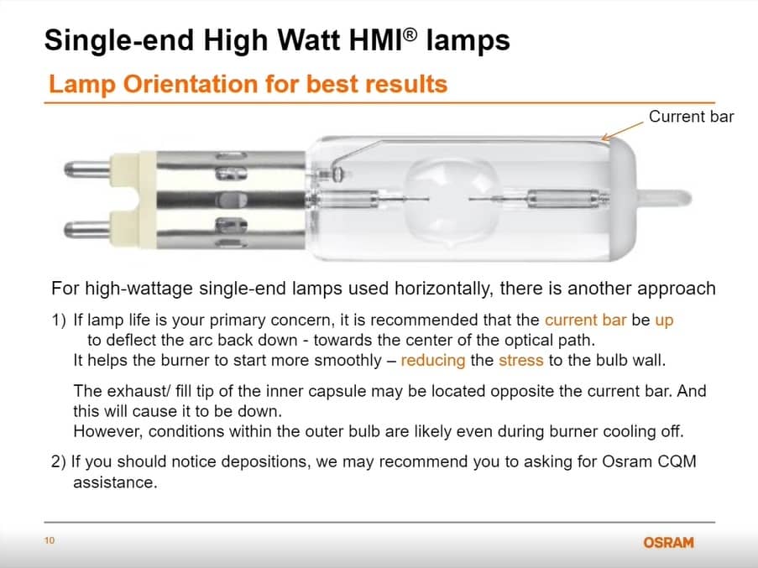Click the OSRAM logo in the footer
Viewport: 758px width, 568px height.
[x=668, y=542]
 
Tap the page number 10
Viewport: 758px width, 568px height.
[x=50, y=540]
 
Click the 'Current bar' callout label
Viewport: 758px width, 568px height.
[x=691, y=117]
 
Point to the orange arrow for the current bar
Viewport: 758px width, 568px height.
[x=622, y=131]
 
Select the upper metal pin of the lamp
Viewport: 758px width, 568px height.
[x=87, y=169]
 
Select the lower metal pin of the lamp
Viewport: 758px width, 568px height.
[x=87, y=228]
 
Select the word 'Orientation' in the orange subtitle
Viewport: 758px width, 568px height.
[x=191, y=84]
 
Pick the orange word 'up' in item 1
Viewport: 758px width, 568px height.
[x=664, y=320]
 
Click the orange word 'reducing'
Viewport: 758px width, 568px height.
[x=433, y=361]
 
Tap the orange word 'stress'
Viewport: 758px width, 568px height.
[x=521, y=360]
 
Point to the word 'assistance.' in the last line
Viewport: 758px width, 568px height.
[x=115, y=482]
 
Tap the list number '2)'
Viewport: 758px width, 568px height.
[x=59, y=461]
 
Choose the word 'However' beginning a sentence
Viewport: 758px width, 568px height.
[x=107, y=431]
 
